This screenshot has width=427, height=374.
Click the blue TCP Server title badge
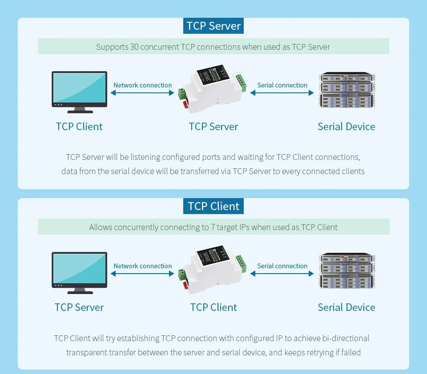213,26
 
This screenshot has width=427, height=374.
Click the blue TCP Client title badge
213,207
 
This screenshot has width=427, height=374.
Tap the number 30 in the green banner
134,47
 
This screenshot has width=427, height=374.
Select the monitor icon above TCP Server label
80,272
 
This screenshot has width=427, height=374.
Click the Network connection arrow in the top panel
142,93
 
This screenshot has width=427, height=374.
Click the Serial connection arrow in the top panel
282,93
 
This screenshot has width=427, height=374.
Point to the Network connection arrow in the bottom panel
142,274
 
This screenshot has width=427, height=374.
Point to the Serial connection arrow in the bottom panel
282,274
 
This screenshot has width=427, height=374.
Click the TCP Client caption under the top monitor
79,127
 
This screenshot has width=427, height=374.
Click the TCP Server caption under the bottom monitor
79,307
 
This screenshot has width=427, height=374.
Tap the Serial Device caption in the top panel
346,127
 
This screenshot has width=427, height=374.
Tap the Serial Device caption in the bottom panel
346,307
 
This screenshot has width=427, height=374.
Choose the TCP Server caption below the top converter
213,127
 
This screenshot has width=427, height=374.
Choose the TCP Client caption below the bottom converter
213,307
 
